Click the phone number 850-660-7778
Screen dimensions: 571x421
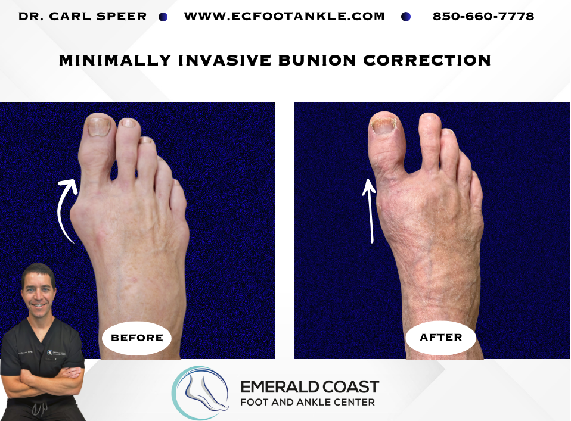pyautogui.click(x=483, y=16)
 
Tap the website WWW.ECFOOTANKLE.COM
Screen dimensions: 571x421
pyautogui.click(x=284, y=16)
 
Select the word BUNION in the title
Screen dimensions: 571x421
pyautogui.click(x=317, y=60)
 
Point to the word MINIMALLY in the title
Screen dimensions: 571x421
pyautogui.click(x=115, y=60)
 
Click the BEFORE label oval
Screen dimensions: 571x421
pyautogui.click(x=137, y=338)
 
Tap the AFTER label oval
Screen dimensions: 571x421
pyautogui.click(x=441, y=338)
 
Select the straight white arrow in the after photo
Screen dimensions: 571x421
pyautogui.click(x=370, y=210)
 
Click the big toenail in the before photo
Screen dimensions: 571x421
pyautogui.click(x=99, y=127)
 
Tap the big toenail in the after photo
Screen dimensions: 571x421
pyautogui.click(x=383, y=126)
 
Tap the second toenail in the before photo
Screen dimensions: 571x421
pyautogui.click(x=128, y=123)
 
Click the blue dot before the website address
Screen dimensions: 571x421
pyautogui.click(x=163, y=17)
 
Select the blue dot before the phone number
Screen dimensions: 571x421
pyautogui.click(x=406, y=17)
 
